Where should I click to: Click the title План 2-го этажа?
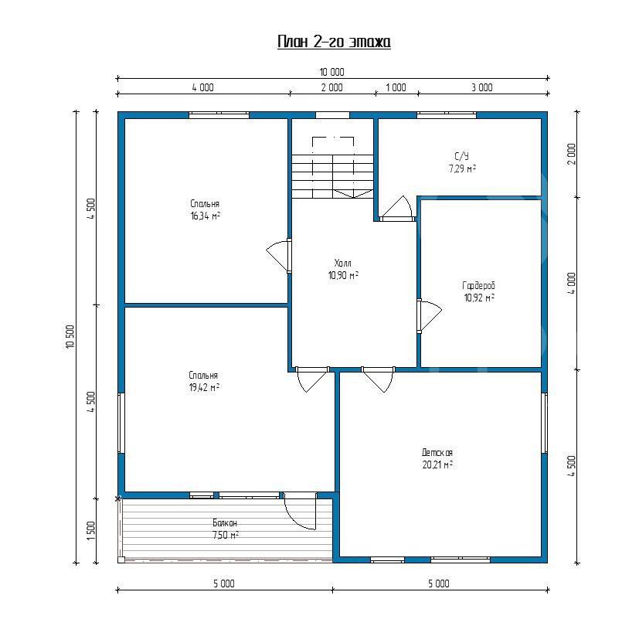[x=334, y=42]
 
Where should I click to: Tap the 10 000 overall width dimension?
[x=331, y=72]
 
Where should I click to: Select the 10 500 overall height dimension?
[x=70, y=336]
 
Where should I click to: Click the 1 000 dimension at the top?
[x=396, y=87]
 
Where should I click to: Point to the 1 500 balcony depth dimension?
[x=91, y=531]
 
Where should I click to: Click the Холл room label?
[x=343, y=263]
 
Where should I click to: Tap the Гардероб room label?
[x=478, y=286]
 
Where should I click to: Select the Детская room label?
[x=437, y=452]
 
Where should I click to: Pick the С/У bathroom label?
[x=462, y=156]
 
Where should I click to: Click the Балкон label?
[x=225, y=522]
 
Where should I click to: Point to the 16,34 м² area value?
[x=205, y=216]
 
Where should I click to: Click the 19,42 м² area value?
[x=204, y=387]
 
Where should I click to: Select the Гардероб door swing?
[x=430, y=316]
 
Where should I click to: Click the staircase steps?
[x=332, y=176]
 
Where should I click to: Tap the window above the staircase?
[x=332, y=115]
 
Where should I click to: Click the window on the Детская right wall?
[x=544, y=423]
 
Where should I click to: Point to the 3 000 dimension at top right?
[x=482, y=87]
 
